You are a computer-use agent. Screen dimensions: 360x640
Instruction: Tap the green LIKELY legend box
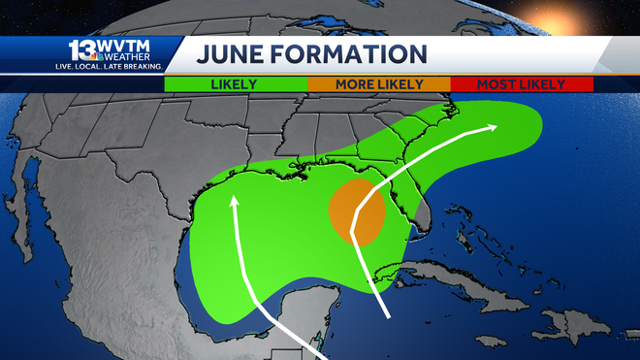(234, 84)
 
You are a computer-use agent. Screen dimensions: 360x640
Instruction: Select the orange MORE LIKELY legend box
(378, 84)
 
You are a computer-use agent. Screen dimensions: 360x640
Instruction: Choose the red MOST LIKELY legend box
(521, 84)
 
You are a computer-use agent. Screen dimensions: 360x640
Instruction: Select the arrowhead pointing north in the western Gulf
(233, 201)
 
